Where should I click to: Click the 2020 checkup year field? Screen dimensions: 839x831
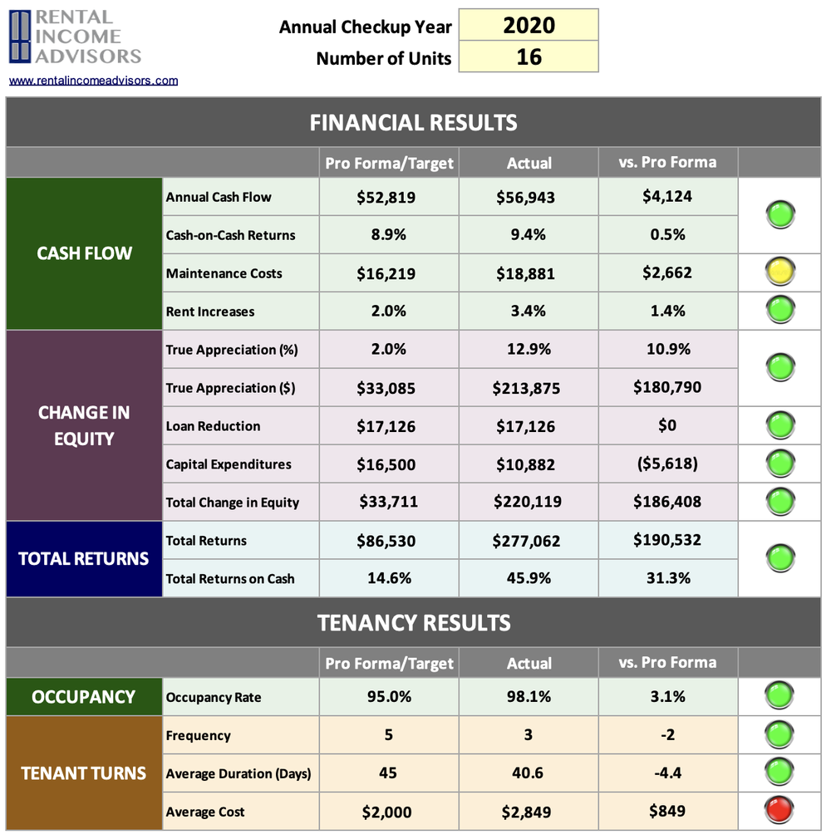529,25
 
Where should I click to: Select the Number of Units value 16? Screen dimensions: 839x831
529,56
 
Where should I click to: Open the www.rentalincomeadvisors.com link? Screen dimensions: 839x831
93,81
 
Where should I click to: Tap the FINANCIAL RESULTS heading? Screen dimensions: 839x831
413,123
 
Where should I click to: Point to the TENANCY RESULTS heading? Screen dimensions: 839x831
413,622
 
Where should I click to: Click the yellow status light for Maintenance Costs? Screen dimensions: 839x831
780,272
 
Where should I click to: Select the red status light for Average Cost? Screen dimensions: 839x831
780,810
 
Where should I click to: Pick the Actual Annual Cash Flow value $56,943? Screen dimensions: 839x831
529,198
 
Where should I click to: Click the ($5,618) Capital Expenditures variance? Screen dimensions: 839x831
667,464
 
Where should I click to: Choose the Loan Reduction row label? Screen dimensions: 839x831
213,426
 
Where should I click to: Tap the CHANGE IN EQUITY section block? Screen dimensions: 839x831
84,426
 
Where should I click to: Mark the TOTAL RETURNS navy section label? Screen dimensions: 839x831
84,559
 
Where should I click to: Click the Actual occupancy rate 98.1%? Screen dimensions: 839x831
529,697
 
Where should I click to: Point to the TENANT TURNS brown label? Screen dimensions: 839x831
84,773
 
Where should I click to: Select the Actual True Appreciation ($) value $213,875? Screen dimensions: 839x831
529,388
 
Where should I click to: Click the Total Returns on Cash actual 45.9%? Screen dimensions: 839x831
529,578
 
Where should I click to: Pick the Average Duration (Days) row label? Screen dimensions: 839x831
238,774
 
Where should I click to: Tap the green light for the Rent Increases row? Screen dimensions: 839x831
780,311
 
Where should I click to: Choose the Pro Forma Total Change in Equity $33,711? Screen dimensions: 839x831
388,502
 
